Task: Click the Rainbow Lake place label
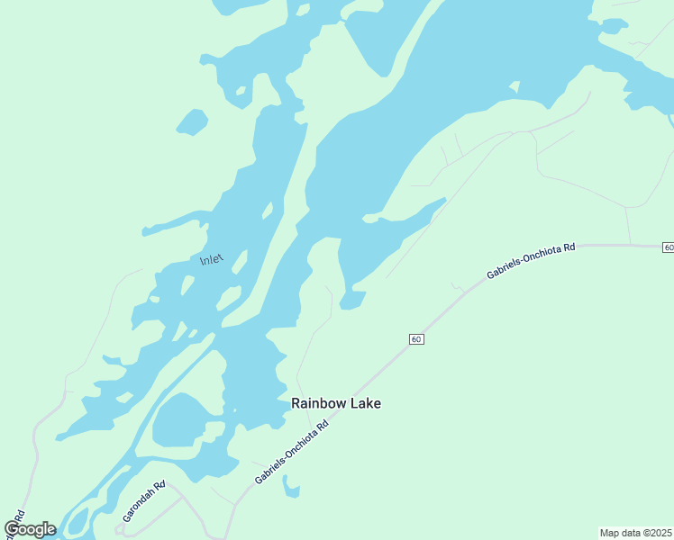pos(336,403)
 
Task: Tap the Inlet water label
pos(210,259)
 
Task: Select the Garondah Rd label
pos(144,502)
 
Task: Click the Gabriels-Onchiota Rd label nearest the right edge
pos(531,260)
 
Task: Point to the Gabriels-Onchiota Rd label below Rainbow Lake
pos(290,451)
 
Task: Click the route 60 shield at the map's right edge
pos(668,247)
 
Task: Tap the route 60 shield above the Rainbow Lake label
pos(414,338)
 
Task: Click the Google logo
pos(30,529)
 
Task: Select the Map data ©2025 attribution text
pos(636,532)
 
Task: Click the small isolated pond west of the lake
pos(191,122)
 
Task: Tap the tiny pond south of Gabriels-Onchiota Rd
pos(290,487)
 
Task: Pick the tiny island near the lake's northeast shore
pos(515,87)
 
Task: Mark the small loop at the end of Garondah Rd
pos(127,531)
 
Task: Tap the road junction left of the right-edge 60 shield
pos(630,244)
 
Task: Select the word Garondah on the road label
pos(139,507)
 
